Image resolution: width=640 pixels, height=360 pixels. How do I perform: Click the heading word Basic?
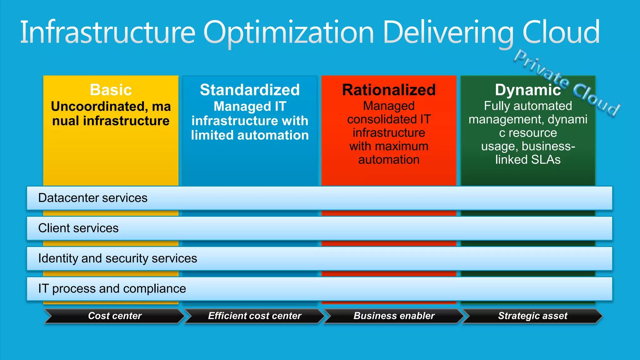111,90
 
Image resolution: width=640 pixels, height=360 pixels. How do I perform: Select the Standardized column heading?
250,90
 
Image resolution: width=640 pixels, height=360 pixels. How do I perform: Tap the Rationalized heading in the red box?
389,90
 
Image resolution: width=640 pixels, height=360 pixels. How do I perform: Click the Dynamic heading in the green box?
528,90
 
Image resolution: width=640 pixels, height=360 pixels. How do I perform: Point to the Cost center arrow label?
115,316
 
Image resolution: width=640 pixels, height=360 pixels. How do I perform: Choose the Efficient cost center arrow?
255,316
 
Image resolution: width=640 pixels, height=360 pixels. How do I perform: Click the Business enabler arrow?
394,316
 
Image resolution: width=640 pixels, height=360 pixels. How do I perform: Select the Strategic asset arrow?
532,316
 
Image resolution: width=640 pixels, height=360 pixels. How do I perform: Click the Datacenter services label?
92,198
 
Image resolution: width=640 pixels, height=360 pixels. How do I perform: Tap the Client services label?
78,228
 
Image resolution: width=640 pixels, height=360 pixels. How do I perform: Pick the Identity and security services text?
117,258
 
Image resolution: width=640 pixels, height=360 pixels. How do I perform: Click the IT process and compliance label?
112,289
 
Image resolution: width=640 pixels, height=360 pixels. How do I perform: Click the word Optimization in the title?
288,32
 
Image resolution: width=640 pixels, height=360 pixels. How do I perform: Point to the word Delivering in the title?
448,32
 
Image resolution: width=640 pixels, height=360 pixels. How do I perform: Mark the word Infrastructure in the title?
108,32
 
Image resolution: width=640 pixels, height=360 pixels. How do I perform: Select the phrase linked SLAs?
528,160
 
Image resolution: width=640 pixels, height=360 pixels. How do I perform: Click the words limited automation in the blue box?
250,135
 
